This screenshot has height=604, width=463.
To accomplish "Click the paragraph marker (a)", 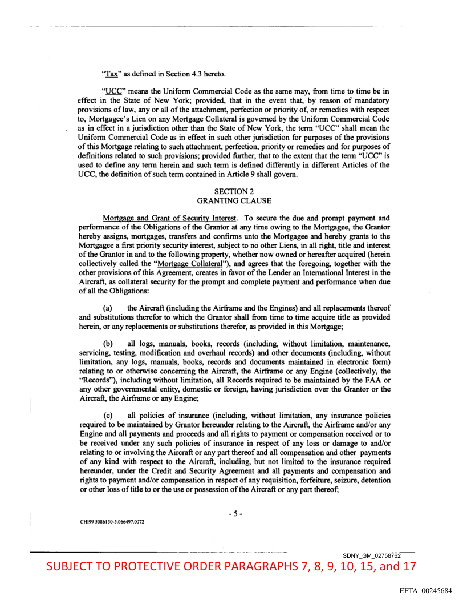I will coord(108,308).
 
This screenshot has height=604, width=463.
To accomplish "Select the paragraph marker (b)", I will coord(108,343).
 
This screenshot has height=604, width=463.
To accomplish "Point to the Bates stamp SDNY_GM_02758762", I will coord(372,555).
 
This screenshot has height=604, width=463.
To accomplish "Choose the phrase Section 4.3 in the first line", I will coord(190,73).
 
